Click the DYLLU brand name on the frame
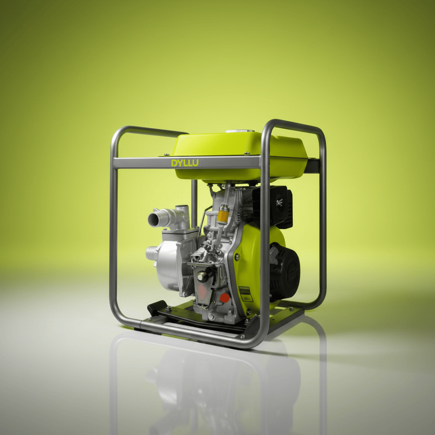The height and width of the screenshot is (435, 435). click(185, 163)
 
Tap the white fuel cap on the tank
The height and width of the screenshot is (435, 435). click(240, 131)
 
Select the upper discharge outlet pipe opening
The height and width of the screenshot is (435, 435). click(153, 220)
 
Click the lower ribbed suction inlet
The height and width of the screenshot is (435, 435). click(151, 253)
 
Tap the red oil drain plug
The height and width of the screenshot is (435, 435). click(224, 298)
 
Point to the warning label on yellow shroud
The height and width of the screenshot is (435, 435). click(245, 294)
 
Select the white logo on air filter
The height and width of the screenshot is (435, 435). click(279, 202)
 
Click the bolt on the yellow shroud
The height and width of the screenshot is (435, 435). click(236, 257)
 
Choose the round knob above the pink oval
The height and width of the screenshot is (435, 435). click(203, 277)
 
